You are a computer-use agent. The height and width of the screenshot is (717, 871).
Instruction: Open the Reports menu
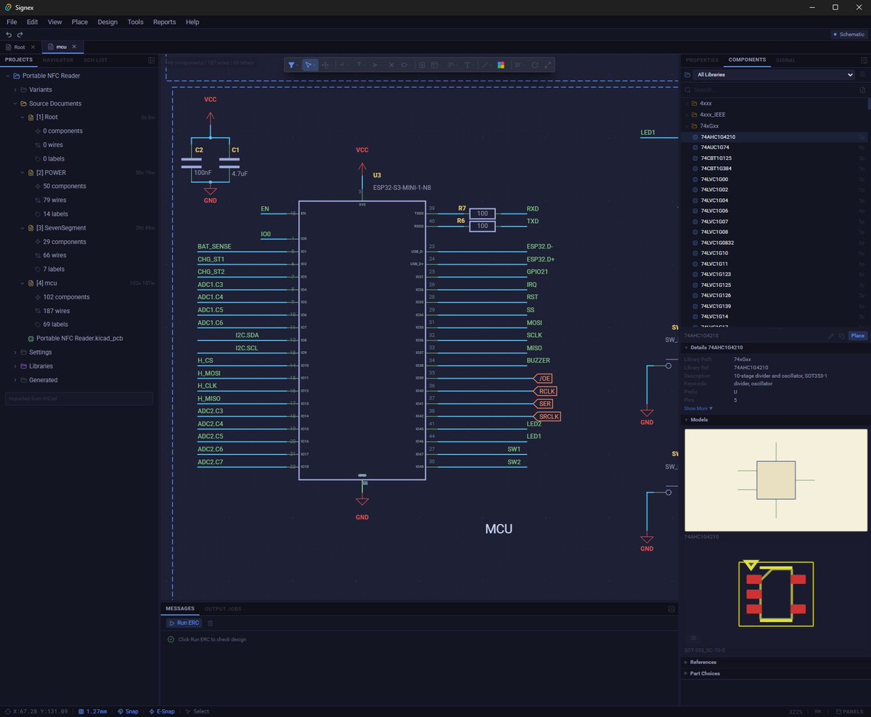164,22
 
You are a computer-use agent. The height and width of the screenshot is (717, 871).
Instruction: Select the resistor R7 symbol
483,214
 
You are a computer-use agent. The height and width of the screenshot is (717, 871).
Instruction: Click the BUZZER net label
538,360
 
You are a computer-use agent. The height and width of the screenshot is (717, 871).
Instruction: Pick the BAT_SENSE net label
214,246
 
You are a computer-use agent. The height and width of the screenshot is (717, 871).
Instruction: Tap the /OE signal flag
545,378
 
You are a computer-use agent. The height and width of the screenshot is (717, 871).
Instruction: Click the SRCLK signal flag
549,416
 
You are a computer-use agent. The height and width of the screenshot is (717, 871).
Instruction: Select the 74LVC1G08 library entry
714,232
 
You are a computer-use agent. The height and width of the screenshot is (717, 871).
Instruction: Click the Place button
857,336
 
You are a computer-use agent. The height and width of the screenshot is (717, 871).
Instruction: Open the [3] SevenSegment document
61,228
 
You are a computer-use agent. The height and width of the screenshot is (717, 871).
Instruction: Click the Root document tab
20,46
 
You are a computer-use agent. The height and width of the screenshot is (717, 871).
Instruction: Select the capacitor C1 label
235,150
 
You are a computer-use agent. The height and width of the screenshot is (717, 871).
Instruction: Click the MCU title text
499,529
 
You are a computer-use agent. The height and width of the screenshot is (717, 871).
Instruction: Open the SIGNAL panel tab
785,60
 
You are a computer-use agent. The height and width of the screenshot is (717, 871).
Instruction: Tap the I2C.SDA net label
246,335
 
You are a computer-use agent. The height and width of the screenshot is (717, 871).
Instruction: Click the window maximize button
835,7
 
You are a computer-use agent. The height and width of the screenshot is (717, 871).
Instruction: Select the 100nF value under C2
203,174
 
